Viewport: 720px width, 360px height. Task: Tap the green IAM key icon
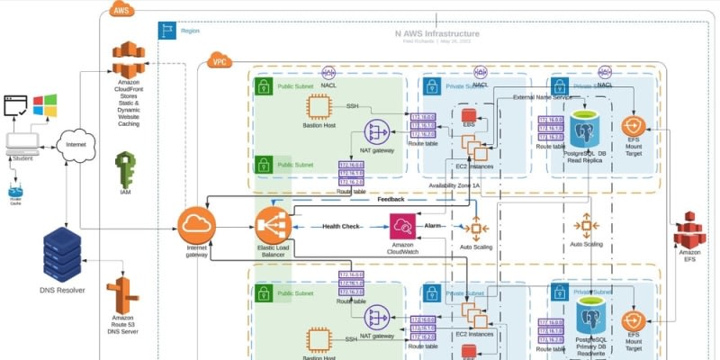click(x=127, y=167)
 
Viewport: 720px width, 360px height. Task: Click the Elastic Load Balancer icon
click(x=273, y=224)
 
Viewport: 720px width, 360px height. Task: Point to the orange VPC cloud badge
click(x=219, y=61)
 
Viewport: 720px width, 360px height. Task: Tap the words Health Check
click(x=340, y=226)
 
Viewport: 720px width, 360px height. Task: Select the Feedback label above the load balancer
click(x=391, y=200)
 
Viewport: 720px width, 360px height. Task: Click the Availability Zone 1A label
click(x=461, y=184)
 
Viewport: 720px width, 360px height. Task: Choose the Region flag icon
click(x=166, y=31)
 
